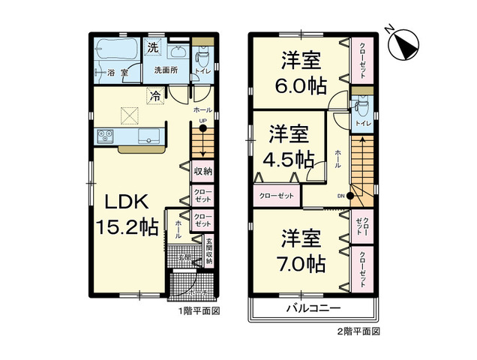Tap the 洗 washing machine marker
152,47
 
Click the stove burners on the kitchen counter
103,136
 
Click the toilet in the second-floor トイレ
358,101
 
